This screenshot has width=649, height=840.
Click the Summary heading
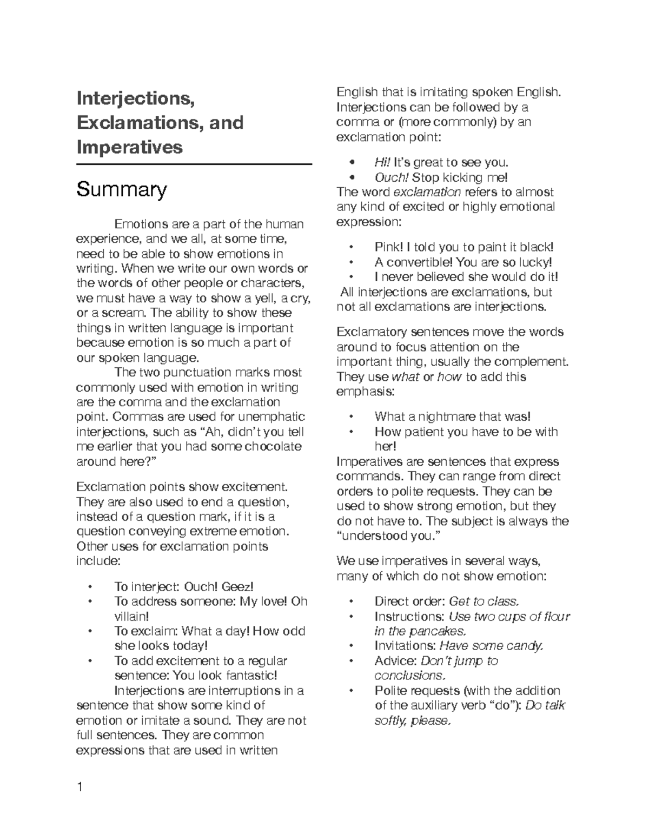[122, 190]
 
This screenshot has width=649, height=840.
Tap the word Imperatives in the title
[129, 147]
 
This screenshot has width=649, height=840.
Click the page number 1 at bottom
[80, 787]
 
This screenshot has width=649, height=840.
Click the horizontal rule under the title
[194, 164]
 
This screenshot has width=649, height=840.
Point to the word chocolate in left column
[273, 447]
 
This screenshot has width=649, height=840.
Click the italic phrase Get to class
[484, 601]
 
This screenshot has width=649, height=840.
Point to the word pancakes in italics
[438, 631]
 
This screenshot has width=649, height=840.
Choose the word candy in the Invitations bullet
[521, 646]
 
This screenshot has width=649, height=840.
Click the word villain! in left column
[131, 616]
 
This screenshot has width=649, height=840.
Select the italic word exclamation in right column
[427, 192]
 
